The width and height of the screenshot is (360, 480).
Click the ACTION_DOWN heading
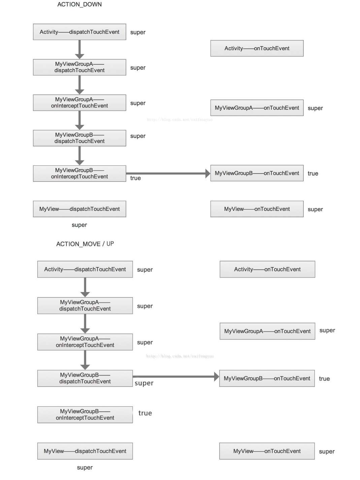click(x=79, y=4)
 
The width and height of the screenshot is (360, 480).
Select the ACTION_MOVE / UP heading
click(x=85, y=244)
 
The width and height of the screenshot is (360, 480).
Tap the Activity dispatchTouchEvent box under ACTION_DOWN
click(x=79, y=32)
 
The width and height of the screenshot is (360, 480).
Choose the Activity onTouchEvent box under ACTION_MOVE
click(x=267, y=269)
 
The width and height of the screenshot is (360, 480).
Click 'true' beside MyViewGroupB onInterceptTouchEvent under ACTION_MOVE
click(x=145, y=413)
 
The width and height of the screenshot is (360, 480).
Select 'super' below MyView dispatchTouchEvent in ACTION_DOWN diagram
click(x=79, y=225)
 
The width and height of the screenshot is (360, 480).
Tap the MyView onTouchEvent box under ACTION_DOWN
click(x=257, y=209)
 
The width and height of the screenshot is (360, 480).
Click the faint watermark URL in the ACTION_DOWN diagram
click(x=179, y=120)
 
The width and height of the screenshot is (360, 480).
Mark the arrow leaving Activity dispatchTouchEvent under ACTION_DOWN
click(x=79, y=49)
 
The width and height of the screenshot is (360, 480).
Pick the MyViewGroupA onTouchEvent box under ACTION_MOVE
click(x=267, y=331)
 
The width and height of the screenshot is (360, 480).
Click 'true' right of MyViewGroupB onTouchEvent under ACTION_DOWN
click(x=313, y=173)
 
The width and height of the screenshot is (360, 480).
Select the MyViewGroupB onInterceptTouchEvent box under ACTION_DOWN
click(x=79, y=173)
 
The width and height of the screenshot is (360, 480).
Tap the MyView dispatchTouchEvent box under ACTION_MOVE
click(x=85, y=451)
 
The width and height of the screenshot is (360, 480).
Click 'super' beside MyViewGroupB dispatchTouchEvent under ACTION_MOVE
click(x=144, y=383)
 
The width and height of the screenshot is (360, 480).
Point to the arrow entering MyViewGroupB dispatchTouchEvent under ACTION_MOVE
click(x=85, y=360)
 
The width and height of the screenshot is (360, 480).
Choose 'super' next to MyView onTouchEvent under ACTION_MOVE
click(x=327, y=452)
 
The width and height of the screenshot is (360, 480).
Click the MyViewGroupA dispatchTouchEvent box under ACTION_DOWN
click(x=79, y=67)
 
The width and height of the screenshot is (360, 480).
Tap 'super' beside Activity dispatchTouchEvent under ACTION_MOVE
click(x=145, y=270)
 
